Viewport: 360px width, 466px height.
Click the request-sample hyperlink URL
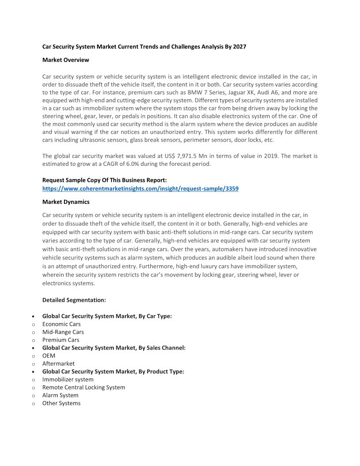140,188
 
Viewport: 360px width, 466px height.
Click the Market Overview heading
66,60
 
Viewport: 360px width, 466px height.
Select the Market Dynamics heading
66,202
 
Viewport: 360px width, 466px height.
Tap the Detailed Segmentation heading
74,300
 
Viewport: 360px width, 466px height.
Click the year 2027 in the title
239,46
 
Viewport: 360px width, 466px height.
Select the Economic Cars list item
61,324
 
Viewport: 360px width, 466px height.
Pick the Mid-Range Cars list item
63,332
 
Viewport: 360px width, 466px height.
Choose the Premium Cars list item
61,340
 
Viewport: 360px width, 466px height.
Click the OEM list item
49,356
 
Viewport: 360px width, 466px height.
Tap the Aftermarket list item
58,364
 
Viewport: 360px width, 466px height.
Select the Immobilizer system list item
68,380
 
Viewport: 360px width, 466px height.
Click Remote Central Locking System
84,387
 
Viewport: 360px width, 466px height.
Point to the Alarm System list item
60,395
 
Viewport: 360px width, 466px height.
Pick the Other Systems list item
61,403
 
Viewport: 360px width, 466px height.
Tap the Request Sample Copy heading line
105,180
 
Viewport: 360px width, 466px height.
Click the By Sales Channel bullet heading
114,348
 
